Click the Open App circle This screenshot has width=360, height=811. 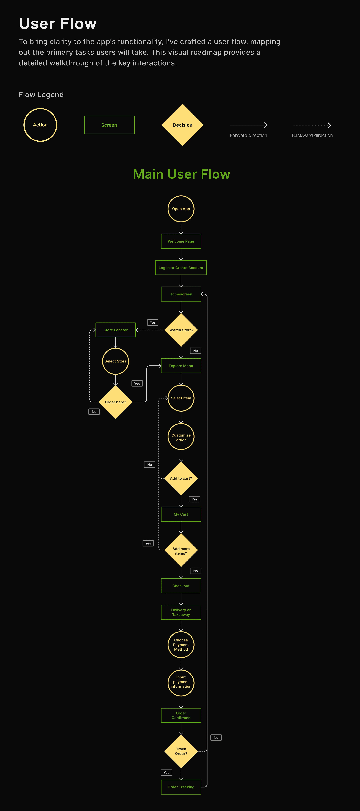[181, 209]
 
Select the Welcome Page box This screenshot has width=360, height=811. [181, 241]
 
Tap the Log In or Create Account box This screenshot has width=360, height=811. [181, 268]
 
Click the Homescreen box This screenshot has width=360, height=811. [181, 294]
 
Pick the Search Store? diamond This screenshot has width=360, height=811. [181, 330]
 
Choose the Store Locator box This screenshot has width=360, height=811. [115, 330]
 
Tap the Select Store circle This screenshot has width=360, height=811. [115, 361]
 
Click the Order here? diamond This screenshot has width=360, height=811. [115, 402]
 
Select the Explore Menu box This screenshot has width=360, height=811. [181, 366]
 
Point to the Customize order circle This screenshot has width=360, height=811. [181, 437]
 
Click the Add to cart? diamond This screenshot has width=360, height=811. [181, 478]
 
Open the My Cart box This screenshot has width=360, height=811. [181, 514]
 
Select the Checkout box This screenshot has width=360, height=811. [181, 586]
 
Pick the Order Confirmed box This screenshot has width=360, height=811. [181, 715]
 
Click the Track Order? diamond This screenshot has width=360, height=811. [181, 751]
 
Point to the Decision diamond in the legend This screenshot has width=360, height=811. [183, 125]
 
